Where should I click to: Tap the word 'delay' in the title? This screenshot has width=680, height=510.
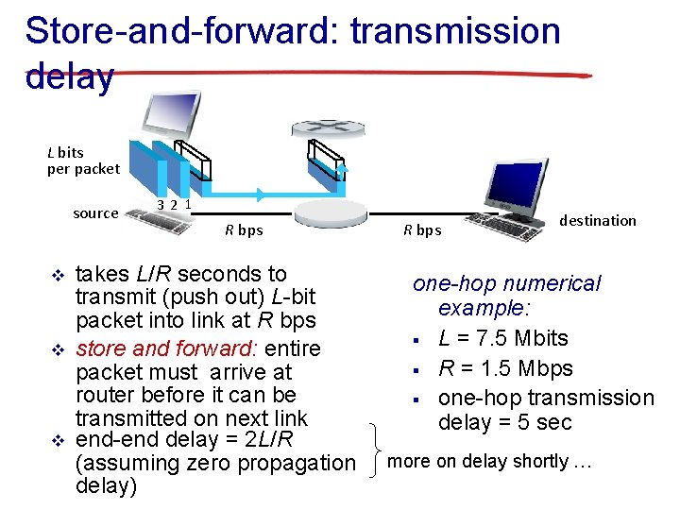(70, 76)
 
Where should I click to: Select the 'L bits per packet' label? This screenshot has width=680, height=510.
(83, 161)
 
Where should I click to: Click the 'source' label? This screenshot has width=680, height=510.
(95, 213)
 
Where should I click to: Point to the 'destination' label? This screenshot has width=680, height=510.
(598, 220)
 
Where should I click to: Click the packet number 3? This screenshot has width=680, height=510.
(161, 205)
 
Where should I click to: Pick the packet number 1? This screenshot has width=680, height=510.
(188, 203)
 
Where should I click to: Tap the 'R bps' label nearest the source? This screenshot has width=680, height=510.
(244, 229)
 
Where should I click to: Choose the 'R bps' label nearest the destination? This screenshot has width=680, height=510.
(422, 229)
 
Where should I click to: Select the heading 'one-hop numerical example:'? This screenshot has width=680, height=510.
(508, 296)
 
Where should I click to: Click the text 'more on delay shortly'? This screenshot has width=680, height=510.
(477, 462)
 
